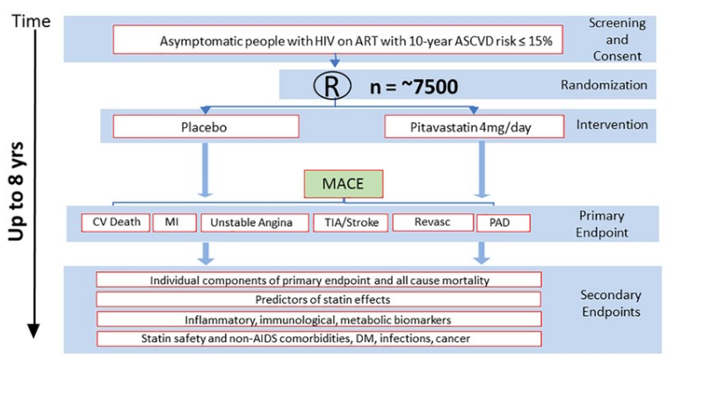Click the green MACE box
[x=344, y=183]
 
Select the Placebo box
[x=206, y=126]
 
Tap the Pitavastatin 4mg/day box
[x=474, y=126]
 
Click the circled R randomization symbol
[x=332, y=85]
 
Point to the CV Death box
[x=116, y=222]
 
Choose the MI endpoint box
[x=174, y=222]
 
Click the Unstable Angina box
[x=255, y=223]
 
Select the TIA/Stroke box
[x=351, y=223]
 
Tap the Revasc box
[x=432, y=222]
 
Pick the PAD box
[x=503, y=223]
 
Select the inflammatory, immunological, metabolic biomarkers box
[x=319, y=320]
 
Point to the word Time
[x=31, y=21]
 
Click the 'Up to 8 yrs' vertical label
[x=16, y=191]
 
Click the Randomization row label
[x=604, y=84]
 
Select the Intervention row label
[x=612, y=125]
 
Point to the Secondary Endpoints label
[x=611, y=303]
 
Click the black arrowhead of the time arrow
[x=33, y=331]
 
